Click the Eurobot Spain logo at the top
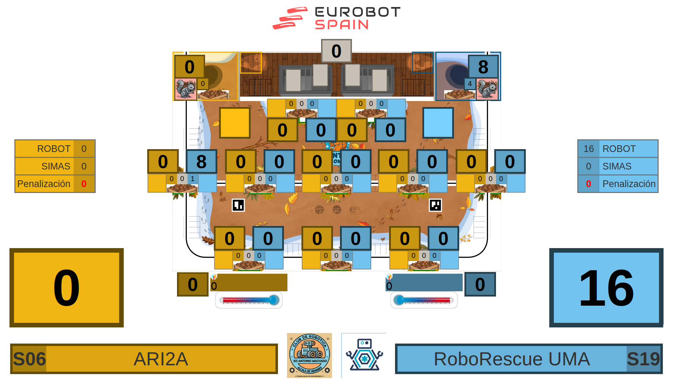tap(336, 18)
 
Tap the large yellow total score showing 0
tap(67, 288)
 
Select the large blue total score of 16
tap(606, 288)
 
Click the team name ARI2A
tap(161, 359)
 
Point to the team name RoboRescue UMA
tap(512, 359)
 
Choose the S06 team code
tap(29, 359)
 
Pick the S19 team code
tap(643, 359)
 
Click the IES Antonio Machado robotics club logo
tap(309, 355)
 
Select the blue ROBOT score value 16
tap(589, 149)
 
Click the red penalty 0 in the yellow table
tap(84, 184)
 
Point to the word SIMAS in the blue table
tap(617, 166)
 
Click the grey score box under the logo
tap(336, 51)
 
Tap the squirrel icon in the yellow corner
tap(185, 89)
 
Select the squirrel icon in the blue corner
tap(487, 89)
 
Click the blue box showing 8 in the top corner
tap(483, 67)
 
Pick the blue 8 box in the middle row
tap(201, 161)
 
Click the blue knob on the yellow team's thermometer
tap(274, 300)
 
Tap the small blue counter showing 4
tap(470, 84)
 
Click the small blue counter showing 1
tap(192, 179)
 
